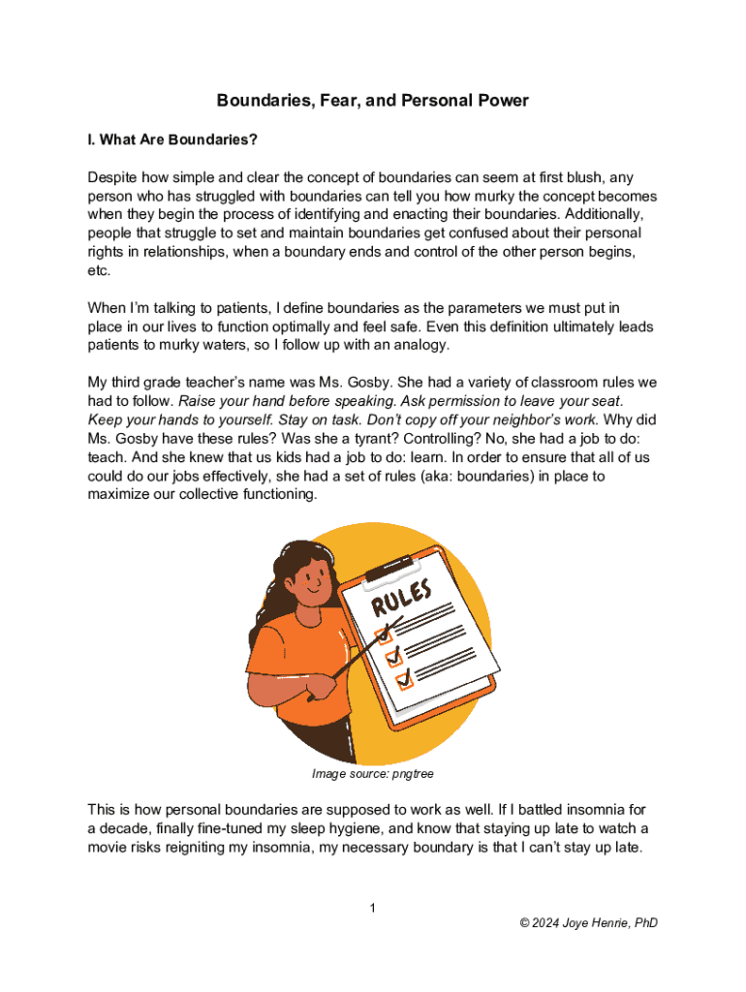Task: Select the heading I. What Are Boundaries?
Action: [172, 140]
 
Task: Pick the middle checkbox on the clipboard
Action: [393, 658]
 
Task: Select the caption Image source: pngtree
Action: [373, 774]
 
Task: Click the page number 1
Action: [372, 908]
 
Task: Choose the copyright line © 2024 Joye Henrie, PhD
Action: [588, 923]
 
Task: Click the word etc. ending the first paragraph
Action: [99, 271]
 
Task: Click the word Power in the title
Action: [497, 101]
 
